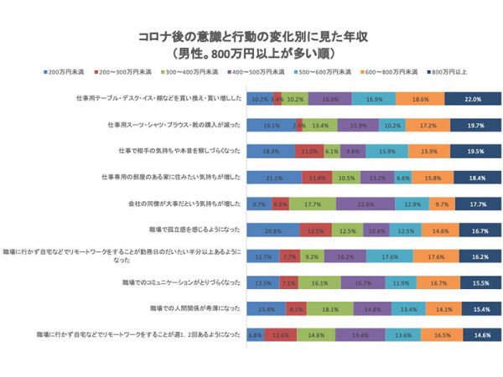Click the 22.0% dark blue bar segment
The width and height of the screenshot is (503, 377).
click(472, 99)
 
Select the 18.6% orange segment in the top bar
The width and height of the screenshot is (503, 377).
click(421, 99)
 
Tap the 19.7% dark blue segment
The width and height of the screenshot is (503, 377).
click(474, 125)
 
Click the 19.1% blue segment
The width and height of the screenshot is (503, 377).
click(270, 125)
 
